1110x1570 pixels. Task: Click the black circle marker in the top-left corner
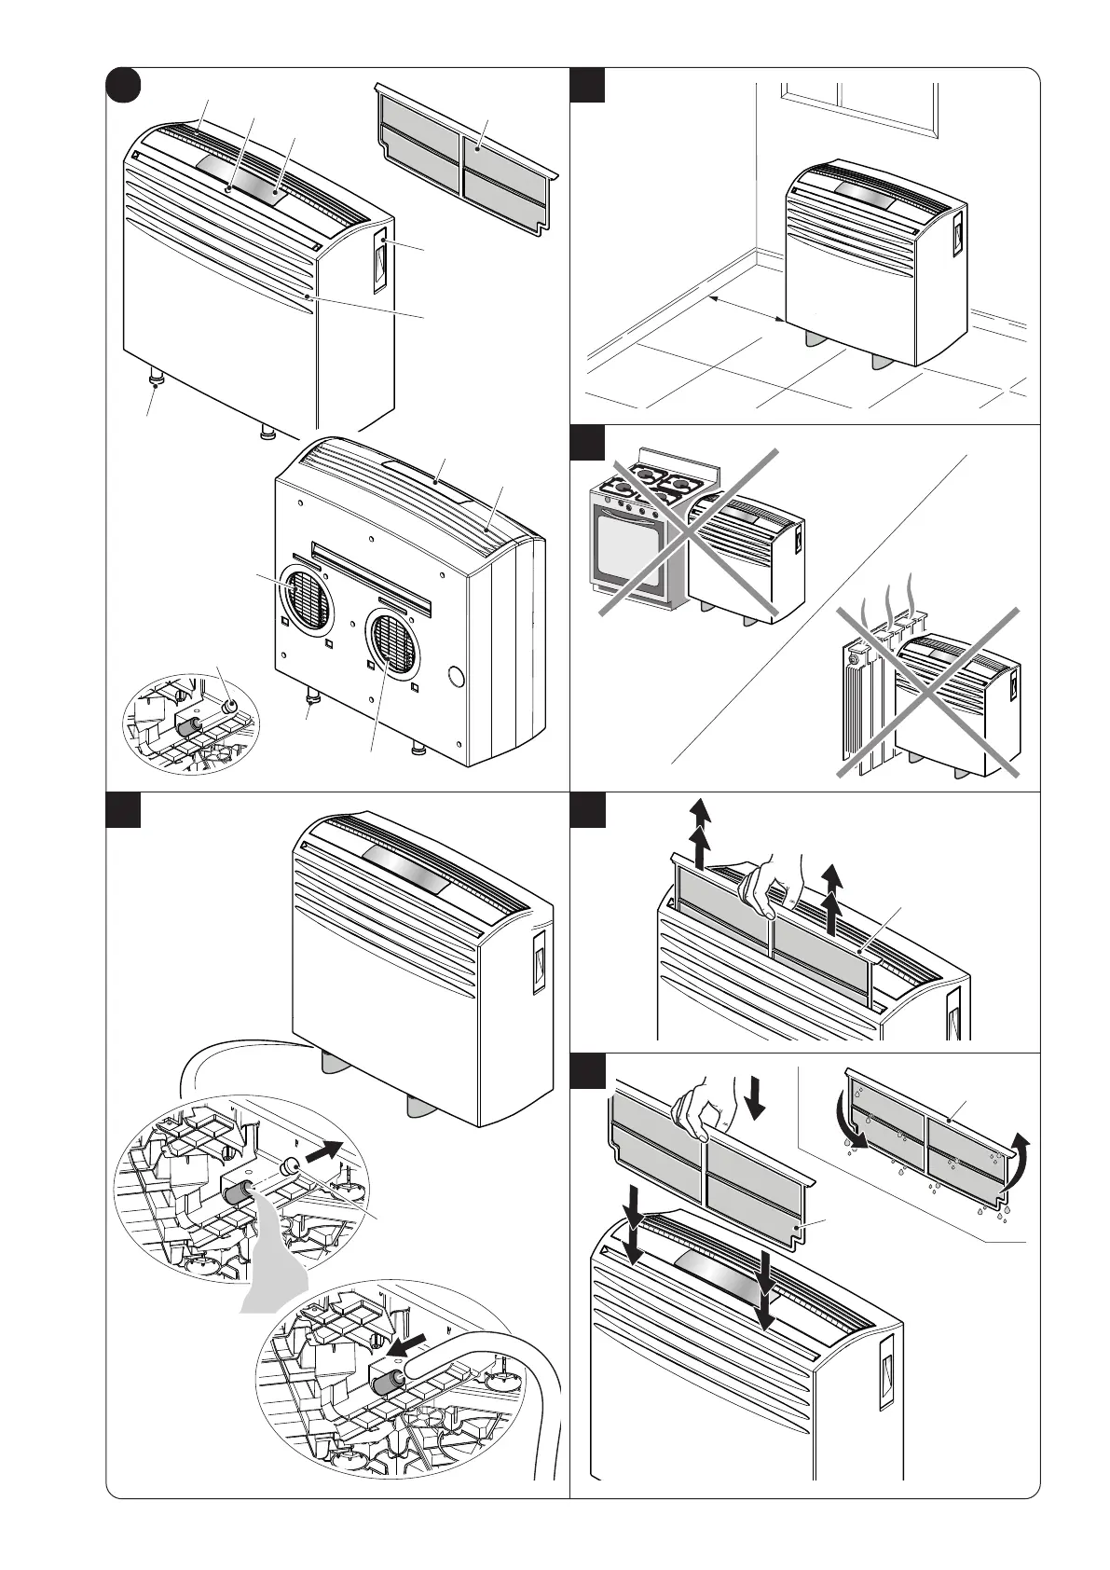[122, 85]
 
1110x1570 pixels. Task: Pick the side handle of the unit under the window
[956, 234]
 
